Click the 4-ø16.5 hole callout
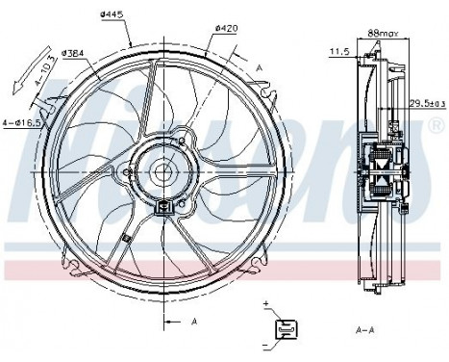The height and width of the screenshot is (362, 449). (23, 121)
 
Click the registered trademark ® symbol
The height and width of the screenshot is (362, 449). (437, 126)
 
